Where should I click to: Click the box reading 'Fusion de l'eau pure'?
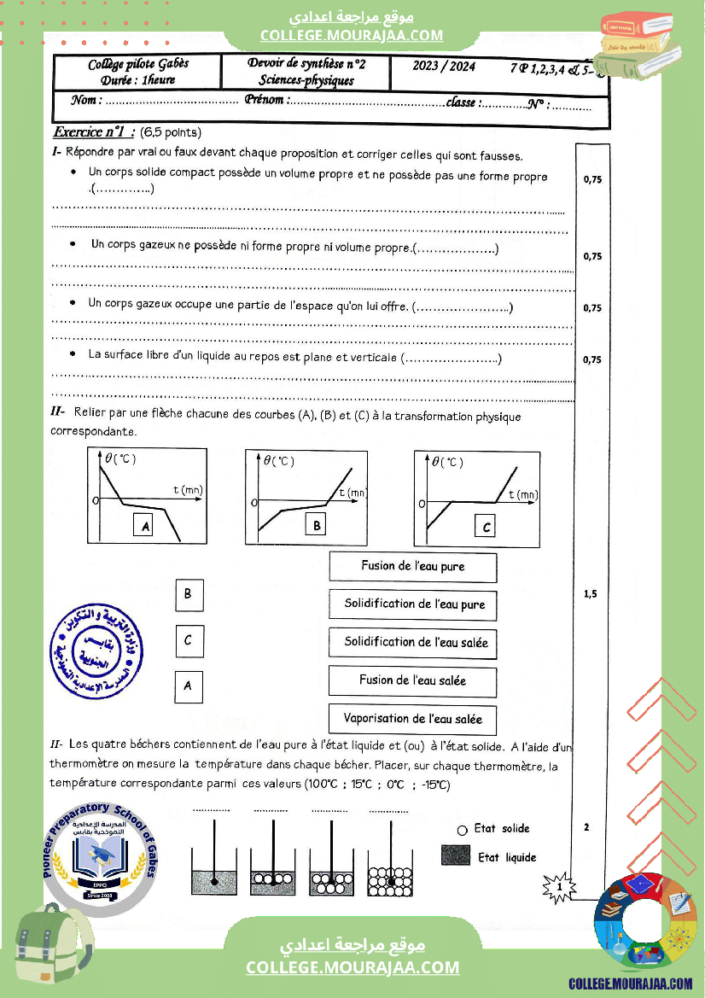413,566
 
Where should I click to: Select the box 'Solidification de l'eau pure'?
414,604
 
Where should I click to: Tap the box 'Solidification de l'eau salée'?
416,642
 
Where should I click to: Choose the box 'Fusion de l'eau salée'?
413,680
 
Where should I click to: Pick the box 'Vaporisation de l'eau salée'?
413,719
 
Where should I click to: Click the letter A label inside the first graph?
146,527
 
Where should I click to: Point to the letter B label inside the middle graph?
317,526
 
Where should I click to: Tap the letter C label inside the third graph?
487,527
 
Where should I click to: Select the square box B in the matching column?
189,595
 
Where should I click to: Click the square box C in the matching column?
189,640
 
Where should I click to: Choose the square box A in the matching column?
189,685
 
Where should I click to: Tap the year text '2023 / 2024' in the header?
444,67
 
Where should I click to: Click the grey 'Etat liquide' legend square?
456,855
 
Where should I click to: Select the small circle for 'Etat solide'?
462,829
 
